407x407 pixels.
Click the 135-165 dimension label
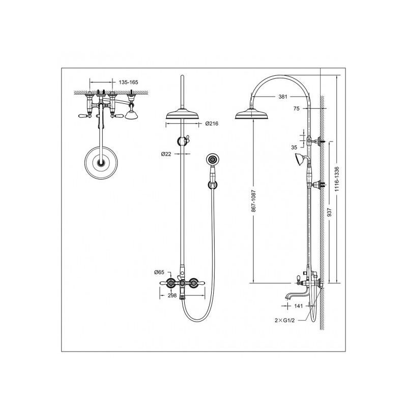coord(129,82)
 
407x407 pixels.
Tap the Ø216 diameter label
coord(212,124)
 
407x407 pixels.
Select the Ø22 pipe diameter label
coord(166,154)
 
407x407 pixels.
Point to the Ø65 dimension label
coord(159,272)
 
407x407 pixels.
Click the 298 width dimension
coord(172,296)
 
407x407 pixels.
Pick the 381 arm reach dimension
coord(283,97)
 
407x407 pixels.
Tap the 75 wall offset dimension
coord(297,108)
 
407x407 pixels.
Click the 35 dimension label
coord(294,148)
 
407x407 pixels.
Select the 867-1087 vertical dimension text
coord(253,201)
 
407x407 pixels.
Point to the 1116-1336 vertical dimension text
coord(337,179)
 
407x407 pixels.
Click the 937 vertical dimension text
coord(330,212)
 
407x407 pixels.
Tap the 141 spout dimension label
coord(299,306)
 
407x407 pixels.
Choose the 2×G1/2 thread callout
coord(285,321)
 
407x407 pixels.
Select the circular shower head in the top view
coord(101,163)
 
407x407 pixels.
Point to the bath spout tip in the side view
coord(286,298)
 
